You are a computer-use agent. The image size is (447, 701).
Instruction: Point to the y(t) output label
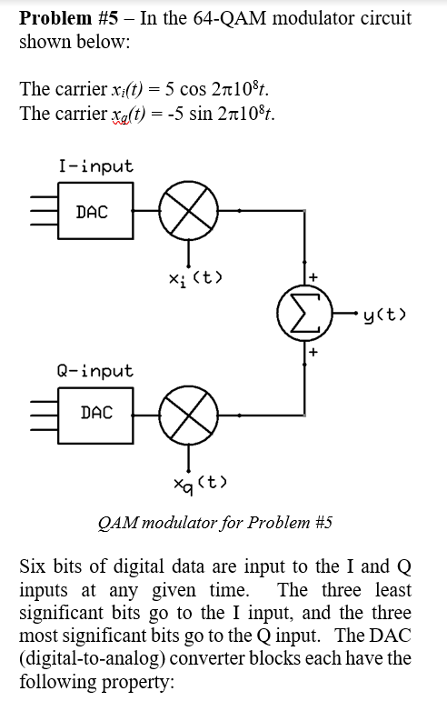384,315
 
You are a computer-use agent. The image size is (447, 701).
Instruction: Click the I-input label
96,166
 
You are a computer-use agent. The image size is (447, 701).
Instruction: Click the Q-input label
95,372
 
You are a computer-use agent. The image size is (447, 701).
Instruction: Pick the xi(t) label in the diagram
195,279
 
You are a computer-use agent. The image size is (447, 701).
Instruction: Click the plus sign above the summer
313,276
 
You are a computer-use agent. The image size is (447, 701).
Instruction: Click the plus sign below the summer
313,352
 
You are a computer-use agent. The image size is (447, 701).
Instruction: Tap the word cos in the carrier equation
193,89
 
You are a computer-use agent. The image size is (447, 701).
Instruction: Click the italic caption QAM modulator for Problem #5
214,522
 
